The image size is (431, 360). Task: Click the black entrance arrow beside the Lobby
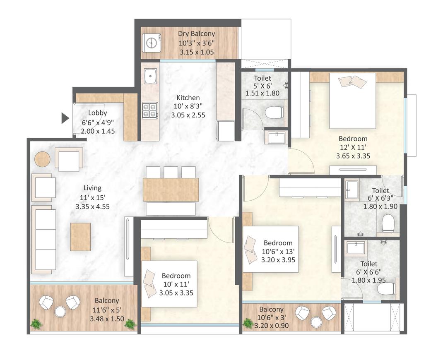[x=65, y=118]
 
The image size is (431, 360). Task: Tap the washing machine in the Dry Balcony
[x=152, y=43]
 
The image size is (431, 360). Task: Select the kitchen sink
[x=150, y=76]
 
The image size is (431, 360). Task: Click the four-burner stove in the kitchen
[x=150, y=110]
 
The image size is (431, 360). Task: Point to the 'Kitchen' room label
[x=188, y=98]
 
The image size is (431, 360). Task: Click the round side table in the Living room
[x=42, y=159]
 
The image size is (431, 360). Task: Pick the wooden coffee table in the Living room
[x=80, y=237]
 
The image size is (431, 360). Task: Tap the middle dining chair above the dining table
[x=171, y=172]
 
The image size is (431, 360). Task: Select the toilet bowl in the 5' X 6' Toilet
[x=274, y=112]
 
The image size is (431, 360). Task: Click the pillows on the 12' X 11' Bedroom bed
[x=352, y=82]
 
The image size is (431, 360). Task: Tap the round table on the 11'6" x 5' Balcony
[x=60, y=311]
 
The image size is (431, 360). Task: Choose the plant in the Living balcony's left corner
[x=36, y=323]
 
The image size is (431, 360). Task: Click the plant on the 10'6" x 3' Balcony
[x=248, y=322]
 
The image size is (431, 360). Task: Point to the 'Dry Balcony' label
[x=196, y=34]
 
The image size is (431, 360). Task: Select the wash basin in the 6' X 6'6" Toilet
[x=356, y=248]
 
